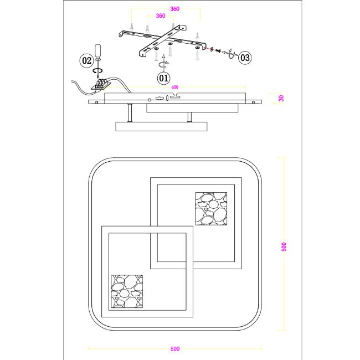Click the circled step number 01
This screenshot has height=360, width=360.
163,78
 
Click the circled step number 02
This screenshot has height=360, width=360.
86,60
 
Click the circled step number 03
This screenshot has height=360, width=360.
245,58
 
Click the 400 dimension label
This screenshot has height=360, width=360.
174,88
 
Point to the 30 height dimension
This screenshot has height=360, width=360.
281,98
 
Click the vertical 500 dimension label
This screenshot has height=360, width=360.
284,247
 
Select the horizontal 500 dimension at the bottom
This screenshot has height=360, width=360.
175,349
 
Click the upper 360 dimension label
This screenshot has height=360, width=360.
174,9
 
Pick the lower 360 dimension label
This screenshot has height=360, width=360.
161,16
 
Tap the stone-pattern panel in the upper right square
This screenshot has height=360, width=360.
211,209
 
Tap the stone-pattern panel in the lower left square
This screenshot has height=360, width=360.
127,291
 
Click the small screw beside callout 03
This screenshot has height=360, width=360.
218,50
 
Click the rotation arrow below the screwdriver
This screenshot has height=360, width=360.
97,71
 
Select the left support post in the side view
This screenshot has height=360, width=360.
130,113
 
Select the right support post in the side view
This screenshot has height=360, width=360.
189,117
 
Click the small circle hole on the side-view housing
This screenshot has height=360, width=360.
149,100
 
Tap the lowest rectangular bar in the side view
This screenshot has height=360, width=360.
161,126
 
